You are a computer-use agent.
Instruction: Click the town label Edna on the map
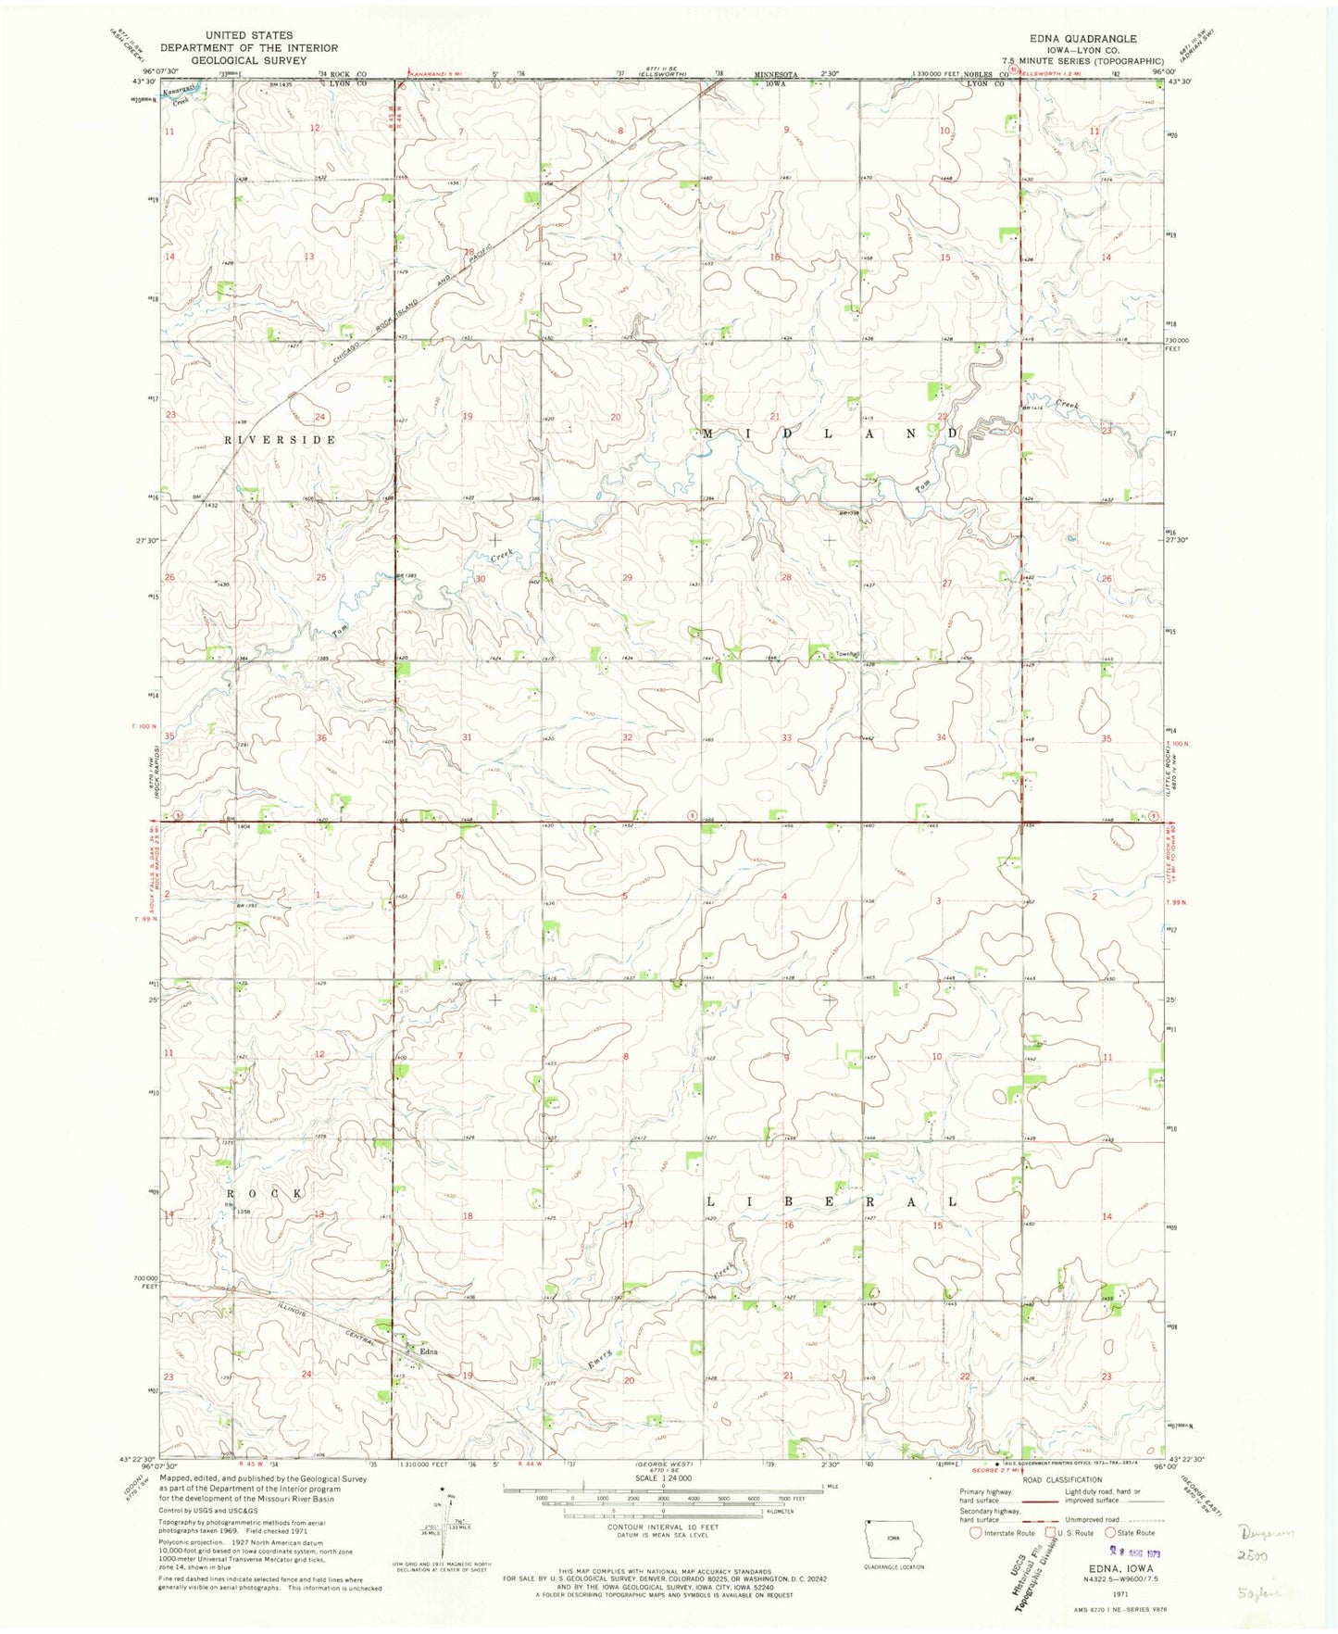[x=428, y=1351]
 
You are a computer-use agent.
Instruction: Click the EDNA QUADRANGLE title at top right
[x=1076, y=39]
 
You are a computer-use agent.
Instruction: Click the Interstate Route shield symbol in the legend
[x=975, y=1532]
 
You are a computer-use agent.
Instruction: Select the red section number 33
[x=786, y=738]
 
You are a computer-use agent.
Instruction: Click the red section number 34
[x=942, y=738]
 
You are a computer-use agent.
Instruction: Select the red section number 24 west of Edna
[x=306, y=1374]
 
